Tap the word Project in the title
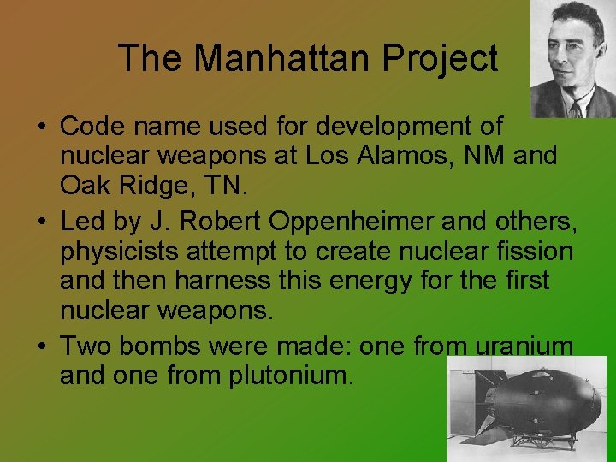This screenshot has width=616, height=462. click(x=440, y=58)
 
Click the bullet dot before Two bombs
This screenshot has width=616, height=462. click(x=41, y=346)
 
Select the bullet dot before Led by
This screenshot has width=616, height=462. click(x=41, y=222)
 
